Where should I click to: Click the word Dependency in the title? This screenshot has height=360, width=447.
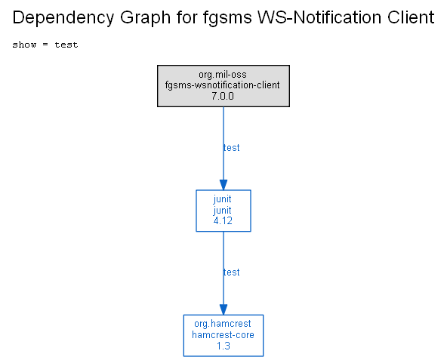63,17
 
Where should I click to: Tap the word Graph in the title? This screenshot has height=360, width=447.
145,17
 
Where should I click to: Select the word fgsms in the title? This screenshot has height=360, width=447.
227,17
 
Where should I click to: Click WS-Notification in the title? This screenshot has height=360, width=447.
319,17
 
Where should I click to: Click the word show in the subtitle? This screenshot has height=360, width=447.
24,45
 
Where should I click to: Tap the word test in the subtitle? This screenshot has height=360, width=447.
66,45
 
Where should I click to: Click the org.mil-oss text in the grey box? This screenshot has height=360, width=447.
223,75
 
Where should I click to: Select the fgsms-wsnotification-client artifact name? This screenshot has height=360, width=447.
222,85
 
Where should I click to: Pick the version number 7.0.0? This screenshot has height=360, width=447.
223,96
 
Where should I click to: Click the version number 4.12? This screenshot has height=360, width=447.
223,221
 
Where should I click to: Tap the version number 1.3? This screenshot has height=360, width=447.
223,346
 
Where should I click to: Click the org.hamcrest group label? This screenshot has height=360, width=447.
223,324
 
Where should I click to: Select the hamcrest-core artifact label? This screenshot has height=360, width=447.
223,334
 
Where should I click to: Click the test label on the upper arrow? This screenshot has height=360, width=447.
232,148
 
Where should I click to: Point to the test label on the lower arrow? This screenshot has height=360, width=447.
232,272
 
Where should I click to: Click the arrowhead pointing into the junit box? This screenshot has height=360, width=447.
223,185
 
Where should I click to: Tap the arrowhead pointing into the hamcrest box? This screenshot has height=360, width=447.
223,309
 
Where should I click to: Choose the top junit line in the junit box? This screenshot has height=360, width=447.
222,199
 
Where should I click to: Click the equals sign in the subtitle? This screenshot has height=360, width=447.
45,45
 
